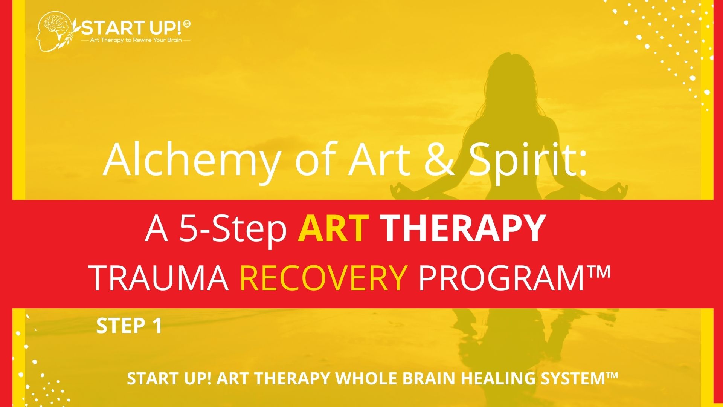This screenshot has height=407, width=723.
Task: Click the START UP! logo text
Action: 132,28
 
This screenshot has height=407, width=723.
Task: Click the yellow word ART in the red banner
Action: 333,228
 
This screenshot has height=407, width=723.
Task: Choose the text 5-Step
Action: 233,230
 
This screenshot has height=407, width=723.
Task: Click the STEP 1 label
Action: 129,326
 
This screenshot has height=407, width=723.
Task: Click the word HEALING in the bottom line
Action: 495,378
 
